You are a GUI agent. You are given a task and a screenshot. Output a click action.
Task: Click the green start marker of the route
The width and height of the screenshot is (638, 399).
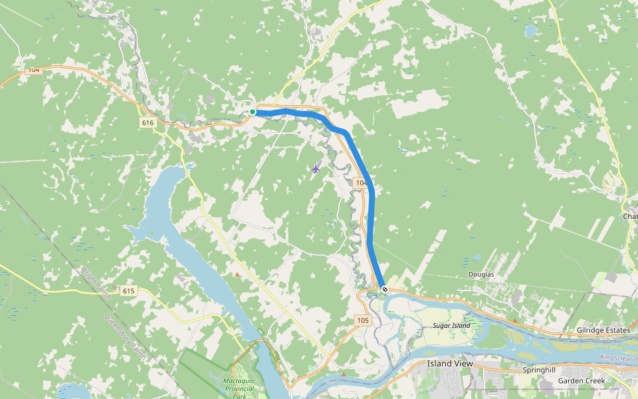[253, 112]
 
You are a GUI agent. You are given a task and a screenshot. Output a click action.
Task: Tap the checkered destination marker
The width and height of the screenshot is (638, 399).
[384, 289]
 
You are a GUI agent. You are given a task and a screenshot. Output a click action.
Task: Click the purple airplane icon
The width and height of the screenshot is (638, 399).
[316, 168]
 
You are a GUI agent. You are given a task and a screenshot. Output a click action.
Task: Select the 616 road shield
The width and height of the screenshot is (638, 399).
[148, 123]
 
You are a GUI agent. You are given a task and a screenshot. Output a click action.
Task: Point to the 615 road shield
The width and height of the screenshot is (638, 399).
[128, 291]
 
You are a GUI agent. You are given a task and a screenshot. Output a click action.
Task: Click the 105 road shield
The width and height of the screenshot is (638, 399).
[362, 321]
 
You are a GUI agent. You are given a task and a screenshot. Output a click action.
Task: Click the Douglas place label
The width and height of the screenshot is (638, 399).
[481, 275]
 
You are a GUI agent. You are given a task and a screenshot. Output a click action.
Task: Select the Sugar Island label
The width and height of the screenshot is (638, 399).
[451, 325]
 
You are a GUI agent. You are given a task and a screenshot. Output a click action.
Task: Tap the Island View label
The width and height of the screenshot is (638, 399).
[450, 364]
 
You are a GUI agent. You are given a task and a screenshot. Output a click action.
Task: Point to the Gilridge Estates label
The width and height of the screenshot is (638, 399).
[603, 331]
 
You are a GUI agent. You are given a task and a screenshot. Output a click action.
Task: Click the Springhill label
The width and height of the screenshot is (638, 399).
[538, 370]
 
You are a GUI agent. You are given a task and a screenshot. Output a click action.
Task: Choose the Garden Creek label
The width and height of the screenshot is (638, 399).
[582, 381]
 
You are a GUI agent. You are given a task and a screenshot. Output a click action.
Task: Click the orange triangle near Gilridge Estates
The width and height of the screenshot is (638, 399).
[515, 321]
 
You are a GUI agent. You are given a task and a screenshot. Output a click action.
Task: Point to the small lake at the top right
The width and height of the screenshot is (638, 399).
[532, 31]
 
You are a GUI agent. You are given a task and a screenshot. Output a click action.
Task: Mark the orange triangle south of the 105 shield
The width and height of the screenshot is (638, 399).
[344, 374]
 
